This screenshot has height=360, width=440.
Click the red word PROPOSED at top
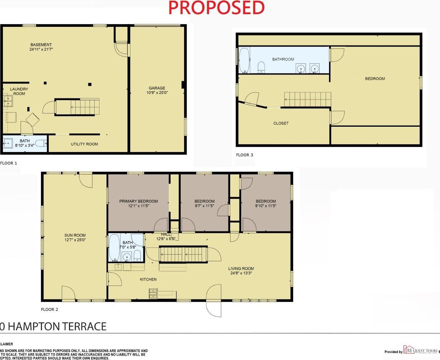click(x=216, y=8)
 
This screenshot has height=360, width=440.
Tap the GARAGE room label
click(x=157, y=88)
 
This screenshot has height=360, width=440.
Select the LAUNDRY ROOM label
click(x=19, y=91)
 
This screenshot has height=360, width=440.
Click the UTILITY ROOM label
click(x=85, y=144)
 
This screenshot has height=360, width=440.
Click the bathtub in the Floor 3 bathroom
click(x=244, y=60)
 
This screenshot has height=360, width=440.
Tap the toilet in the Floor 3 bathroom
click(x=262, y=67)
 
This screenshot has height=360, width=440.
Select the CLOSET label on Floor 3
click(x=281, y=123)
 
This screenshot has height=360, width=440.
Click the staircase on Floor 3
click(x=308, y=100)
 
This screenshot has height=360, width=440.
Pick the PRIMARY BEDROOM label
click(x=139, y=201)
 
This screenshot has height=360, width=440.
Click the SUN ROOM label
click(x=75, y=235)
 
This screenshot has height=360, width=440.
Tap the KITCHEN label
click(x=148, y=280)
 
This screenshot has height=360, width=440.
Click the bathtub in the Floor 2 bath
click(x=114, y=247)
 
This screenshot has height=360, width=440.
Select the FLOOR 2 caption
click(x=50, y=309)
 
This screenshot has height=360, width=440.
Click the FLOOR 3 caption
click(x=245, y=155)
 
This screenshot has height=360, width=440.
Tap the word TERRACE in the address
click(x=80, y=327)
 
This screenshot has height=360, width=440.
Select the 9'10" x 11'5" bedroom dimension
click(x=266, y=206)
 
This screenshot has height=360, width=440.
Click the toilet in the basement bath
click(x=44, y=142)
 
